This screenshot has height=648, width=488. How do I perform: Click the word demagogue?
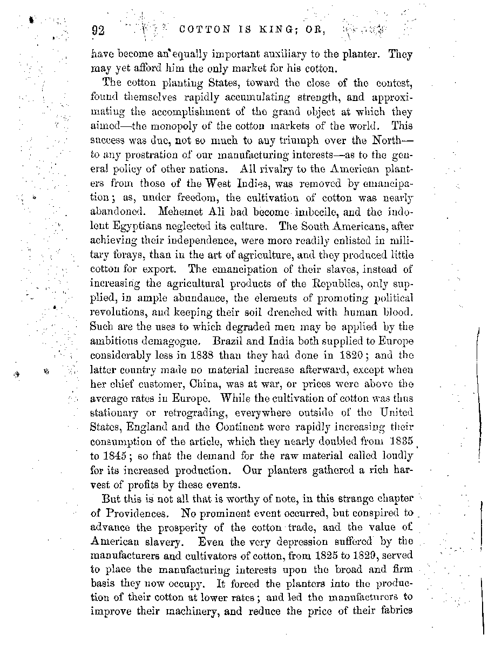pos(163,341)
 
